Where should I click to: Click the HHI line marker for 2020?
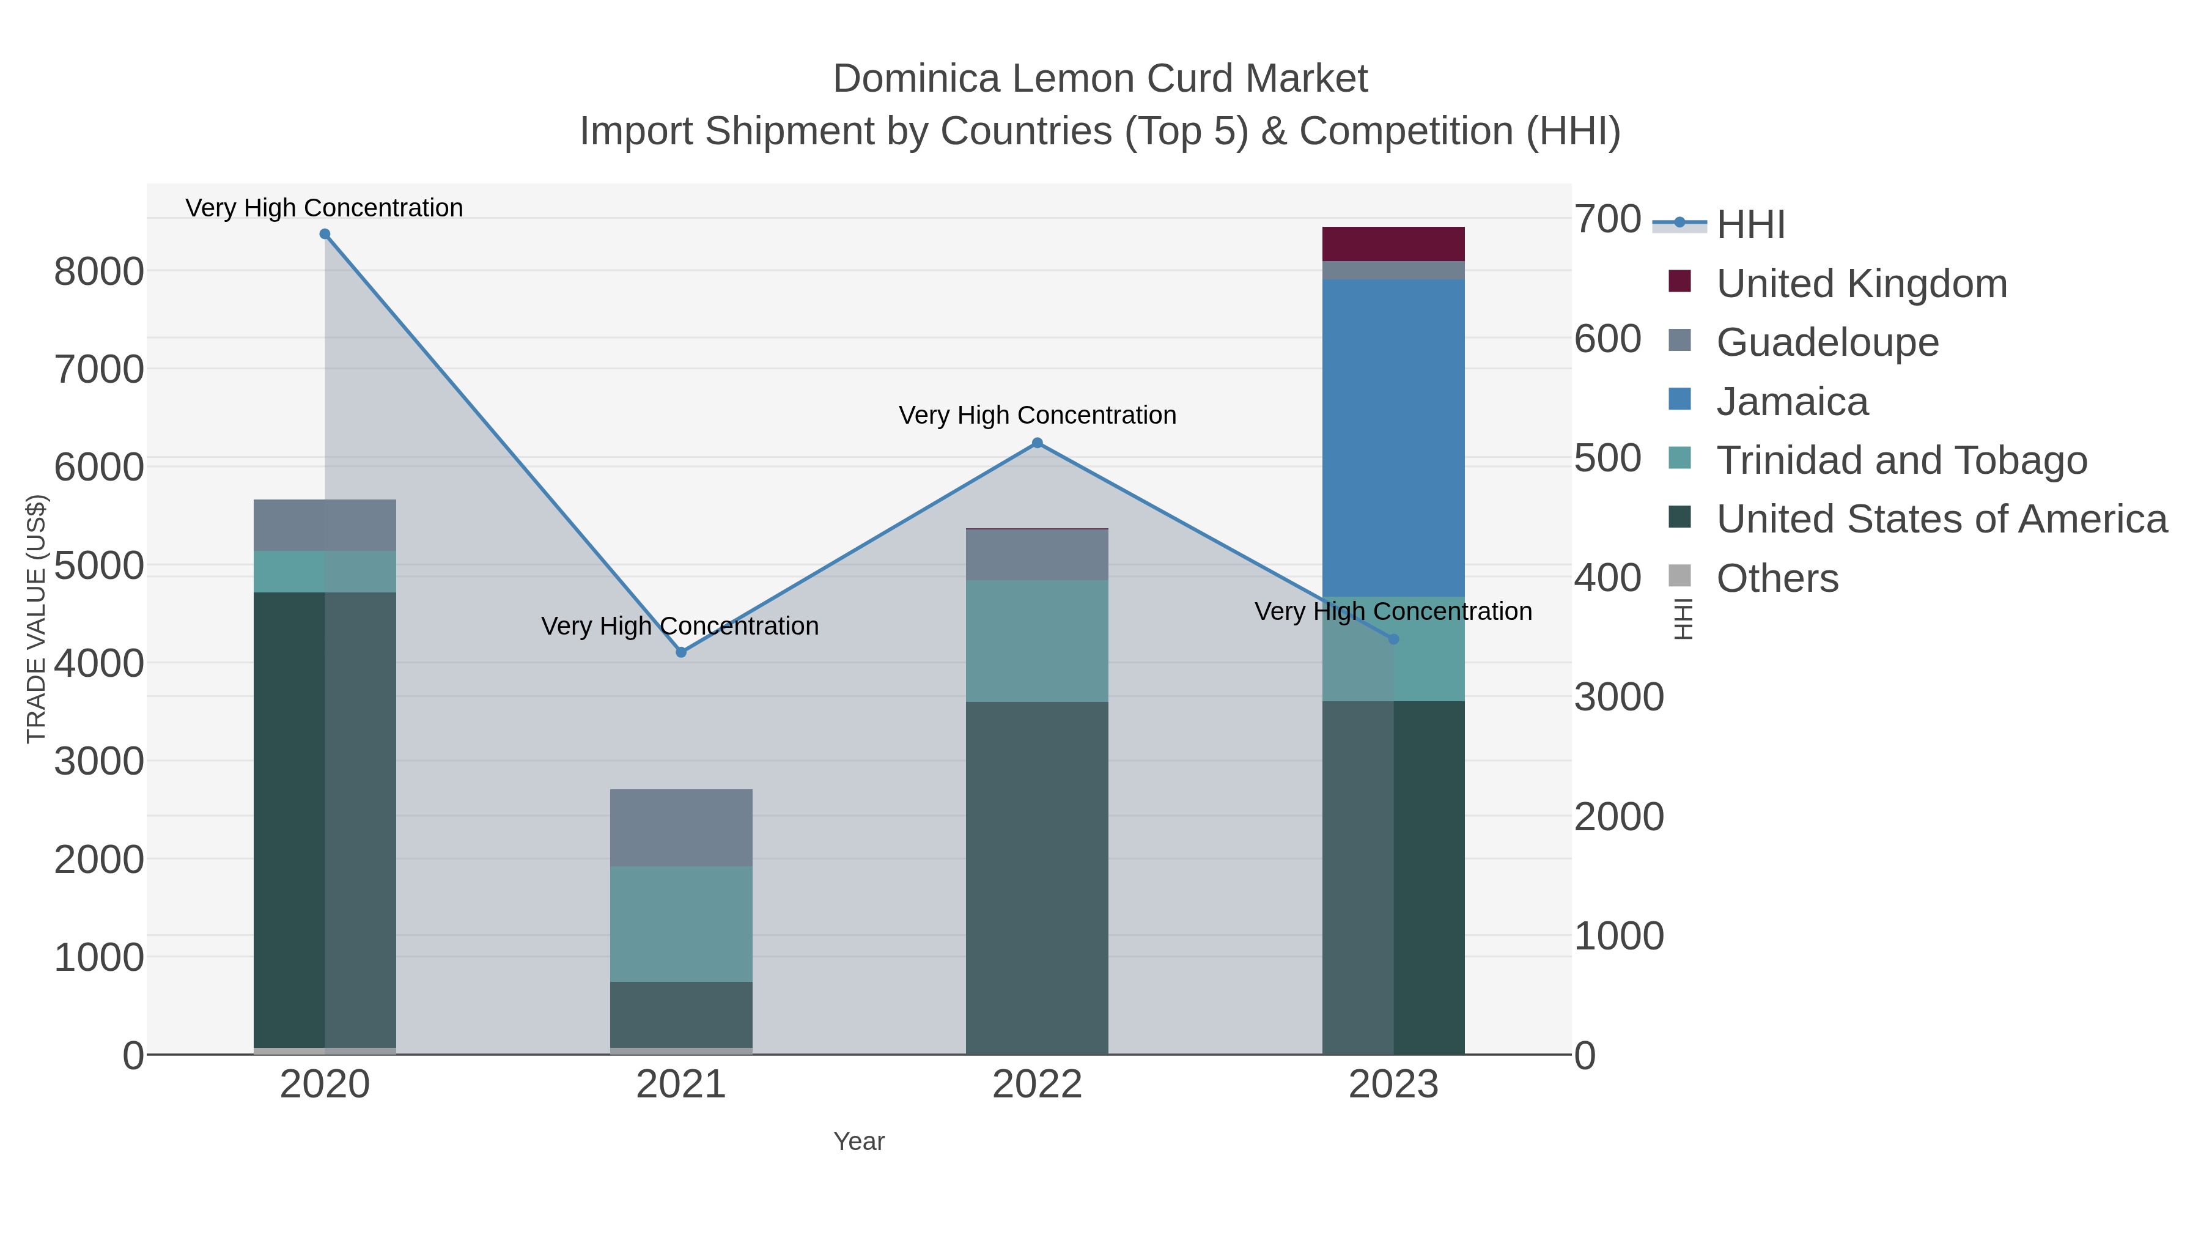pos(325,234)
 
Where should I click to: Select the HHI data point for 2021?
pos(681,652)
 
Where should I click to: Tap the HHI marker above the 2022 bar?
pos(1038,443)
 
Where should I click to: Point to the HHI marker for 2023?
pos(1393,639)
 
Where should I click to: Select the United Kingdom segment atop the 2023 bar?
pos(1393,243)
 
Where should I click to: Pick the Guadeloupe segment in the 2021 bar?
pos(681,827)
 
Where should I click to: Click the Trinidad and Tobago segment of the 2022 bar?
pos(1038,641)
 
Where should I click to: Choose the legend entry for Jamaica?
pos(1792,402)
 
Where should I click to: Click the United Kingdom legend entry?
pos(1861,284)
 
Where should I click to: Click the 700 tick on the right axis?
pos(1607,219)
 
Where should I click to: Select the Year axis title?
pos(859,1141)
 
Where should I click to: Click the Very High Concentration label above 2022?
pos(1038,415)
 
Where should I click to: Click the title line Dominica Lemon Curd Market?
pos(1100,79)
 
